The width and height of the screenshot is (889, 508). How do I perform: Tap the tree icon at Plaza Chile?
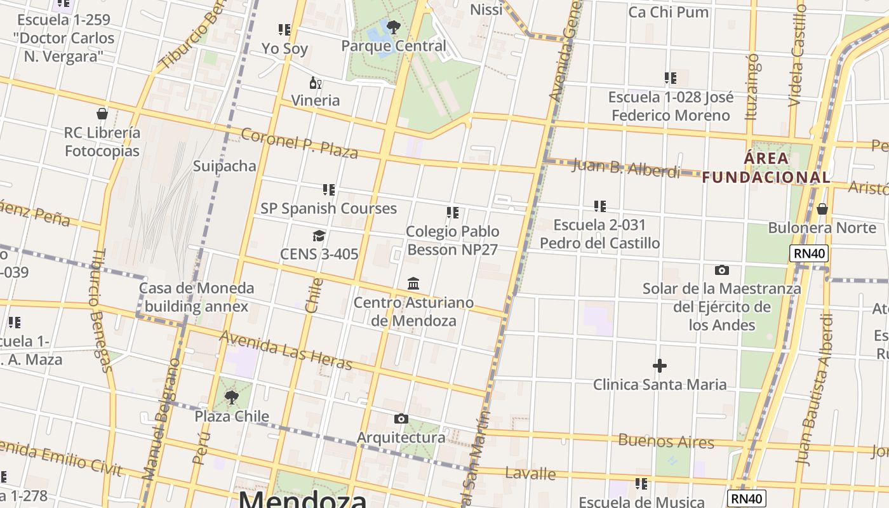232,398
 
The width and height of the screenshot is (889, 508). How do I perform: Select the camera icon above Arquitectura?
401,418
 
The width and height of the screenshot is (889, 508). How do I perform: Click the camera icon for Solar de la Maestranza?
721,271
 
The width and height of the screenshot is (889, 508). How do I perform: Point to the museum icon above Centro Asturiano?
413,283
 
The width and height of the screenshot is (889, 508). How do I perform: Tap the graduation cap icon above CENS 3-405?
319,236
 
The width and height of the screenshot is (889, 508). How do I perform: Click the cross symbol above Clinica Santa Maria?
660,366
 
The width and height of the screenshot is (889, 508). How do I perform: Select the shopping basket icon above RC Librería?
102,114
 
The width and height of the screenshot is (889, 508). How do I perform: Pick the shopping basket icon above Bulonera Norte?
822,209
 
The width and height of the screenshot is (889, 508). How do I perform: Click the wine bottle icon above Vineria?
315,83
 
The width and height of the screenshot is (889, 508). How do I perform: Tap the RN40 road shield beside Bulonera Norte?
809,254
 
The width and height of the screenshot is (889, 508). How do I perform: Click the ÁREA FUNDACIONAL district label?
766,168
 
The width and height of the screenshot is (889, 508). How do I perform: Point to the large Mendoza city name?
302,498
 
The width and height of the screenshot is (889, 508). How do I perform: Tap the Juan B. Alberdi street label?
625,168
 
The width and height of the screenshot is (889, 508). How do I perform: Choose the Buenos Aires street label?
665,441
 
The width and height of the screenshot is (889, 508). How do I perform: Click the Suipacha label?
225,166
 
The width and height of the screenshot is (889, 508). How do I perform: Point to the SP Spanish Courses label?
328,208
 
